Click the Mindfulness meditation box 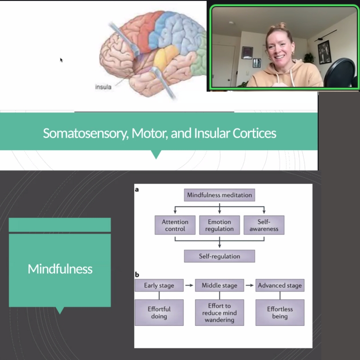click(220, 195)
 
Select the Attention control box click(175, 225)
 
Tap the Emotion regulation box click(220, 225)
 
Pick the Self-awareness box click(264, 225)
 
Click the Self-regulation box click(220, 256)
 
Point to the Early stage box click(159, 285)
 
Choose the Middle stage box click(220, 285)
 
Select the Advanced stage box click(280, 285)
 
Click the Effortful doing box click(159, 312)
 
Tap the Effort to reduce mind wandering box click(220, 312)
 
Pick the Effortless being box click(280, 312)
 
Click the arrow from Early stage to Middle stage click(189, 285)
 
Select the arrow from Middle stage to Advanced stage click(250, 285)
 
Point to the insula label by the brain click(103, 87)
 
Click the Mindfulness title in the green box click(60, 269)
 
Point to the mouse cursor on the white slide click(61, 60)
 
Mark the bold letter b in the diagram click(137, 274)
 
